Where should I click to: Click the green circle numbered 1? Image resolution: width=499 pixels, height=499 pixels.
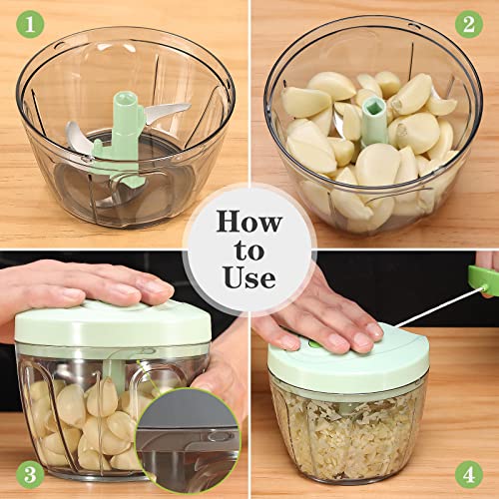[x=21, y=21]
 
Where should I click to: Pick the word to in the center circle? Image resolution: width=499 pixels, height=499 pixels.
[x=249, y=249]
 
